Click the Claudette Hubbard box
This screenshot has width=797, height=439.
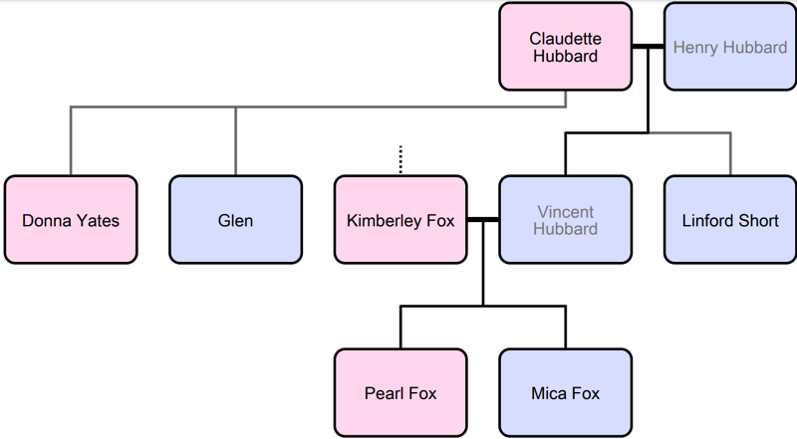(x=565, y=47)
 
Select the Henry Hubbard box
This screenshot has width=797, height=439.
(x=729, y=47)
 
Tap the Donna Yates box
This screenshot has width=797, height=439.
(x=70, y=220)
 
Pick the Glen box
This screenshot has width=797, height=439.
(x=235, y=220)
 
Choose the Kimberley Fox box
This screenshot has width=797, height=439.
(x=400, y=220)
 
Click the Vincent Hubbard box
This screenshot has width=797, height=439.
(x=565, y=220)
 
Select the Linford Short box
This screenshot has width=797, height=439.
(x=729, y=220)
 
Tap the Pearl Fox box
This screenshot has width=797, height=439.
(x=400, y=392)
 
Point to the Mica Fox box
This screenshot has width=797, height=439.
(x=565, y=392)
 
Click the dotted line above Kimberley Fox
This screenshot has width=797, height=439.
(x=400, y=160)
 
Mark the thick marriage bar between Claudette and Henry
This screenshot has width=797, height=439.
(x=648, y=47)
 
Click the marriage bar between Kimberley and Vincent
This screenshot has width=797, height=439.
(x=483, y=220)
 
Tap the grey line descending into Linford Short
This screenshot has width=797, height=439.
(x=730, y=154)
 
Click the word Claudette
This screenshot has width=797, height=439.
(x=565, y=39)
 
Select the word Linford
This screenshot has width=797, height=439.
(x=709, y=220)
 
